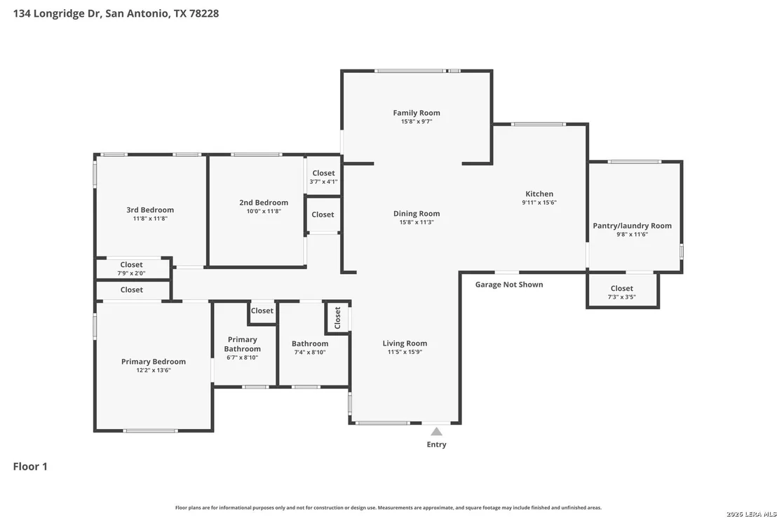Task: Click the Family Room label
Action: pyautogui.click(x=417, y=113)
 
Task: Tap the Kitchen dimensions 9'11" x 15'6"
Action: pyautogui.click(x=539, y=203)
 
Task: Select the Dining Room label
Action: pyautogui.click(x=417, y=214)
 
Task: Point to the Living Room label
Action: pyautogui.click(x=405, y=343)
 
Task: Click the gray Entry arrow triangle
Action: pyautogui.click(x=436, y=431)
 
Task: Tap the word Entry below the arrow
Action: pyautogui.click(x=436, y=444)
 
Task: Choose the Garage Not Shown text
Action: pyautogui.click(x=509, y=285)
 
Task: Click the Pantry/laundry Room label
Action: pyautogui.click(x=633, y=226)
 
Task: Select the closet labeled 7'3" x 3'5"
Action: pyautogui.click(x=621, y=293)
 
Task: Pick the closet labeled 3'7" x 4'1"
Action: pyautogui.click(x=323, y=177)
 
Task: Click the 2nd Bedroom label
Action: pyautogui.click(x=264, y=203)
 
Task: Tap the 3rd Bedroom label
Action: pyautogui.click(x=149, y=210)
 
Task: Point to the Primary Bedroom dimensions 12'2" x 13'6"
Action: pyautogui.click(x=154, y=370)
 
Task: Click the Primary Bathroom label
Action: pyautogui.click(x=243, y=344)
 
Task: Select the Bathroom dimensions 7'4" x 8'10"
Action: pyautogui.click(x=310, y=353)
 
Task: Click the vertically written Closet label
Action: pyautogui.click(x=337, y=318)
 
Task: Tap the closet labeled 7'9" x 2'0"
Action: pyautogui.click(x=131, y=269)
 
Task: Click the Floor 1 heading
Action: pyautogui.click(x=30, y=467)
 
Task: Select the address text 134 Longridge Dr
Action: pyautogui.click(x=57, y=13)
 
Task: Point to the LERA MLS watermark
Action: pyautogui.click(x=751, y=514)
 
